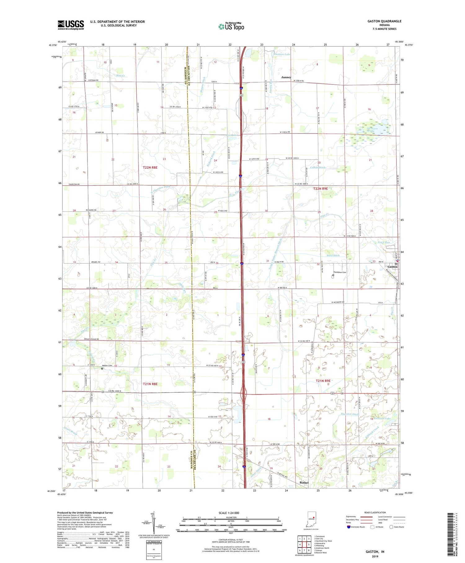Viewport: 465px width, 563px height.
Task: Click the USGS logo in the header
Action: click(x=71, y=25)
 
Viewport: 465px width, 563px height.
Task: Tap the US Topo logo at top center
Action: click(x=231, y=27)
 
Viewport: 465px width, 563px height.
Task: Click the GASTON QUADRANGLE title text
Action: click(x=384, y=21)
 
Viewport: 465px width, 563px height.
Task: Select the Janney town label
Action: click(x=286, y=77)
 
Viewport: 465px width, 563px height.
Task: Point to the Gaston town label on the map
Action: click(x=392, y=267)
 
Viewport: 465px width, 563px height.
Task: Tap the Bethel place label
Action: click(x=304, y=483)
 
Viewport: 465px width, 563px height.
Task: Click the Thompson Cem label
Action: click(x=340, y=272)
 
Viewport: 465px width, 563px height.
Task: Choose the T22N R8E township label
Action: click(x=150, y=167)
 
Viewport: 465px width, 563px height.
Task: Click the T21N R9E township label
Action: click(x=323, y=380)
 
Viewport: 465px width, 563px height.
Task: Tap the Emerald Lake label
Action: click(x=382, y=418)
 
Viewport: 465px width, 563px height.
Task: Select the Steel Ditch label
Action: click(x=333, y=255)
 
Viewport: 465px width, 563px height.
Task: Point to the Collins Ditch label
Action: click(x=318, y=167)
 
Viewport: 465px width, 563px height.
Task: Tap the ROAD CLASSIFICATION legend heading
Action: click(x=375, y=512)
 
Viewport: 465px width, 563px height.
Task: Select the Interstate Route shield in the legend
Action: click(x=348, y=527)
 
